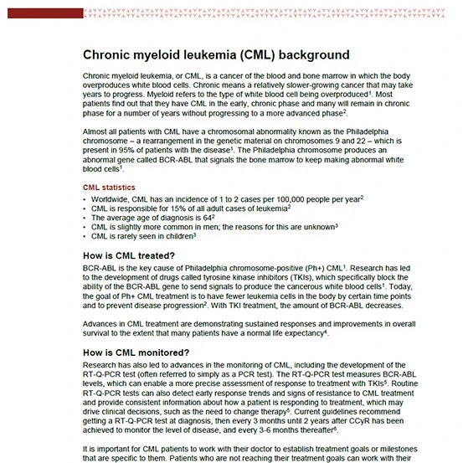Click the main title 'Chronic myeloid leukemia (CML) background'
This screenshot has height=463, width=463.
pyautogui.click(x=215, y=54)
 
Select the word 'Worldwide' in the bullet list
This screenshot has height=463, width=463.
pyautogui.click(x=111, y=198)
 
